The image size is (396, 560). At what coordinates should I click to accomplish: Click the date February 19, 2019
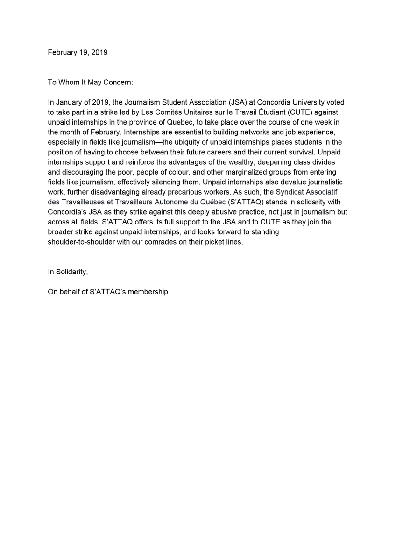tap(78, 52)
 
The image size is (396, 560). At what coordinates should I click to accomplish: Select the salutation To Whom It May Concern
tap(90, 82)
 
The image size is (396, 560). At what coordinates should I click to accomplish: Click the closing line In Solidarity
tap(67, 272)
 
